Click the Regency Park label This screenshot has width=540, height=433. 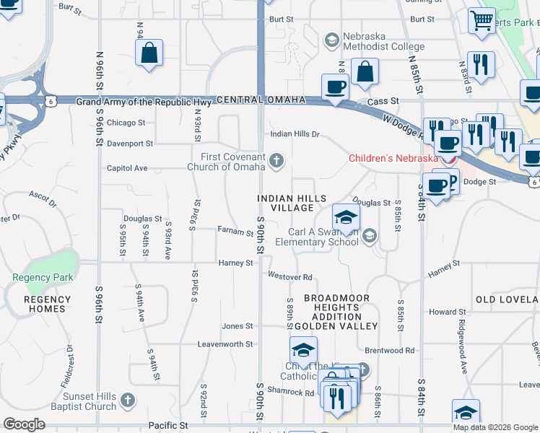38,277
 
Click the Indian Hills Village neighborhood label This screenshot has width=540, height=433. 292,203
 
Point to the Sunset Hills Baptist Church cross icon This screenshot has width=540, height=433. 127,399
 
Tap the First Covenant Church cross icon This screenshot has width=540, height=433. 276,161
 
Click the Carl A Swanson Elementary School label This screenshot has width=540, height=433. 323,237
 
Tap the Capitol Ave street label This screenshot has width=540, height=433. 127,168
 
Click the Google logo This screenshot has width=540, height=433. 24,424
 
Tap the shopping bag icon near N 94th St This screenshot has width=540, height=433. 148,53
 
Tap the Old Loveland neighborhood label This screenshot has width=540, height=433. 506,299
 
